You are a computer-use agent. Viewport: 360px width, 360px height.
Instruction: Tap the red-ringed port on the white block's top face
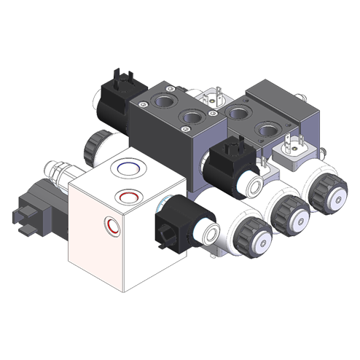(128, 195)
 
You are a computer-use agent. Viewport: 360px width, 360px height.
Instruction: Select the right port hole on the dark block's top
(192, 117)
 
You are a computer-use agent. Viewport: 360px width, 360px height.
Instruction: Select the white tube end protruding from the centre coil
(256, 184)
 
